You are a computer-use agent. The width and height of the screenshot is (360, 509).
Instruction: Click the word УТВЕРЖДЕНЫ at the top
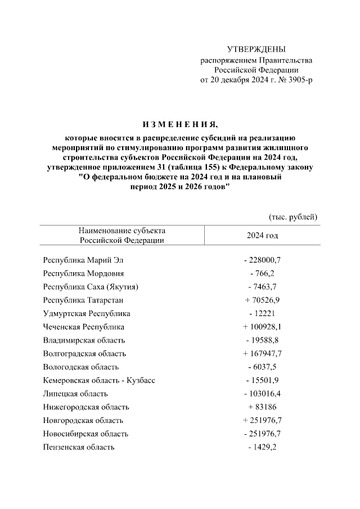point(256,49)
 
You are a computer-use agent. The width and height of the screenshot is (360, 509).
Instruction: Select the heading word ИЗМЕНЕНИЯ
point(179,124)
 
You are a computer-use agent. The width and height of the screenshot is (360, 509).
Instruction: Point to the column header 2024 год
point(262,235)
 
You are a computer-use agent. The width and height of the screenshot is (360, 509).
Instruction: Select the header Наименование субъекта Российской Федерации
point(121,235)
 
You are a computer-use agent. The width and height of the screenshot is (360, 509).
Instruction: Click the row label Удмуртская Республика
point(87,313)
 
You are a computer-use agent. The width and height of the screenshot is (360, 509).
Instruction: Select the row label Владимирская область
point(84,340)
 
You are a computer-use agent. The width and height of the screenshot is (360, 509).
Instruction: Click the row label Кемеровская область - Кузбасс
point(99,380)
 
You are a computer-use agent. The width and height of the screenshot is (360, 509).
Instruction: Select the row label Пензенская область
point(79,447)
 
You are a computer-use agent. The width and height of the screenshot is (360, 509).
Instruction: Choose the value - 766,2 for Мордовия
point(262,273)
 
